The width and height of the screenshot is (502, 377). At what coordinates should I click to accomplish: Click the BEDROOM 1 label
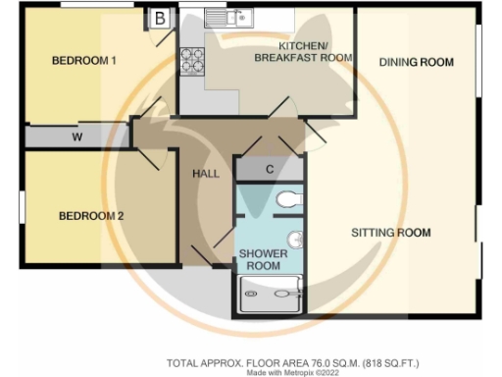coord(84,61)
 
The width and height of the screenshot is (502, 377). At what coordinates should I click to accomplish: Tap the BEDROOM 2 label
coord(90,216)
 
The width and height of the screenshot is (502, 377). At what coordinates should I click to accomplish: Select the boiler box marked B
coord(159,17)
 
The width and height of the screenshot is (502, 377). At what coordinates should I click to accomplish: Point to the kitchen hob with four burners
coord(190,62)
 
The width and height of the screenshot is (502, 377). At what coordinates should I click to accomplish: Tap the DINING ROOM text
coord(416,62)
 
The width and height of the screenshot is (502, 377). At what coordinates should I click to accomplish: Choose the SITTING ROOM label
coord(391,233)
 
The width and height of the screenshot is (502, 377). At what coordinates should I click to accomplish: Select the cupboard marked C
coord(270,170)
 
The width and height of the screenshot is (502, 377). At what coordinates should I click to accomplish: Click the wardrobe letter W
coord(76,137)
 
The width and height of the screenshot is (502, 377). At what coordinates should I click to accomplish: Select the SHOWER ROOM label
coord(264,259)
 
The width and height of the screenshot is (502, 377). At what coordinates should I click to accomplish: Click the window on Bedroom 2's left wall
coord(21,207)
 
